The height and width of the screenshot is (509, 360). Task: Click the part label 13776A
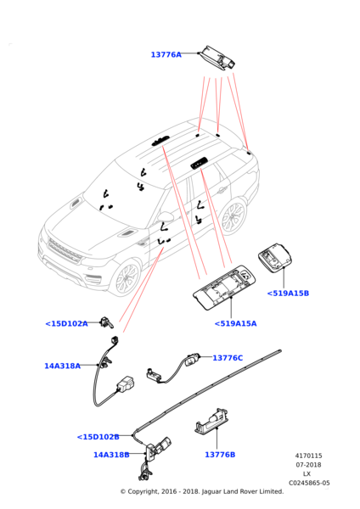[166, 54]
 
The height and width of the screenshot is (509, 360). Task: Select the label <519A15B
[288, 294]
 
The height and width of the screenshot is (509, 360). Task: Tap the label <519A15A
[235, 323]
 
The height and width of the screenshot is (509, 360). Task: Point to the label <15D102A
[66, 324]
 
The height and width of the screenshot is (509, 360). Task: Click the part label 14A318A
[62, 366]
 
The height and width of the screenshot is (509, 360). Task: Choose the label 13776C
[228, 358]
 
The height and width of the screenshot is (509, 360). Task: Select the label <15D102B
[98, 437]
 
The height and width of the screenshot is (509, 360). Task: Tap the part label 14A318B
[111, 455]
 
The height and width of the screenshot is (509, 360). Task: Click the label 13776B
[220, 455]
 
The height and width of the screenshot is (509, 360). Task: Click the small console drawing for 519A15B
[275, 255]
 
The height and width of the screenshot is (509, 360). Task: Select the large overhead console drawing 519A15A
[224, 288]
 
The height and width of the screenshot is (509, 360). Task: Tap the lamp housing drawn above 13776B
[211, 421]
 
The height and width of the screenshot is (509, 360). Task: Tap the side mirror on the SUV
[165, 216]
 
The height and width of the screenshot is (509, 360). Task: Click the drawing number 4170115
[309, 456]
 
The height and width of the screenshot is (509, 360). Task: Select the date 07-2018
[308, 465]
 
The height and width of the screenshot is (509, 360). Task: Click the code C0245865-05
[309, 483]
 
